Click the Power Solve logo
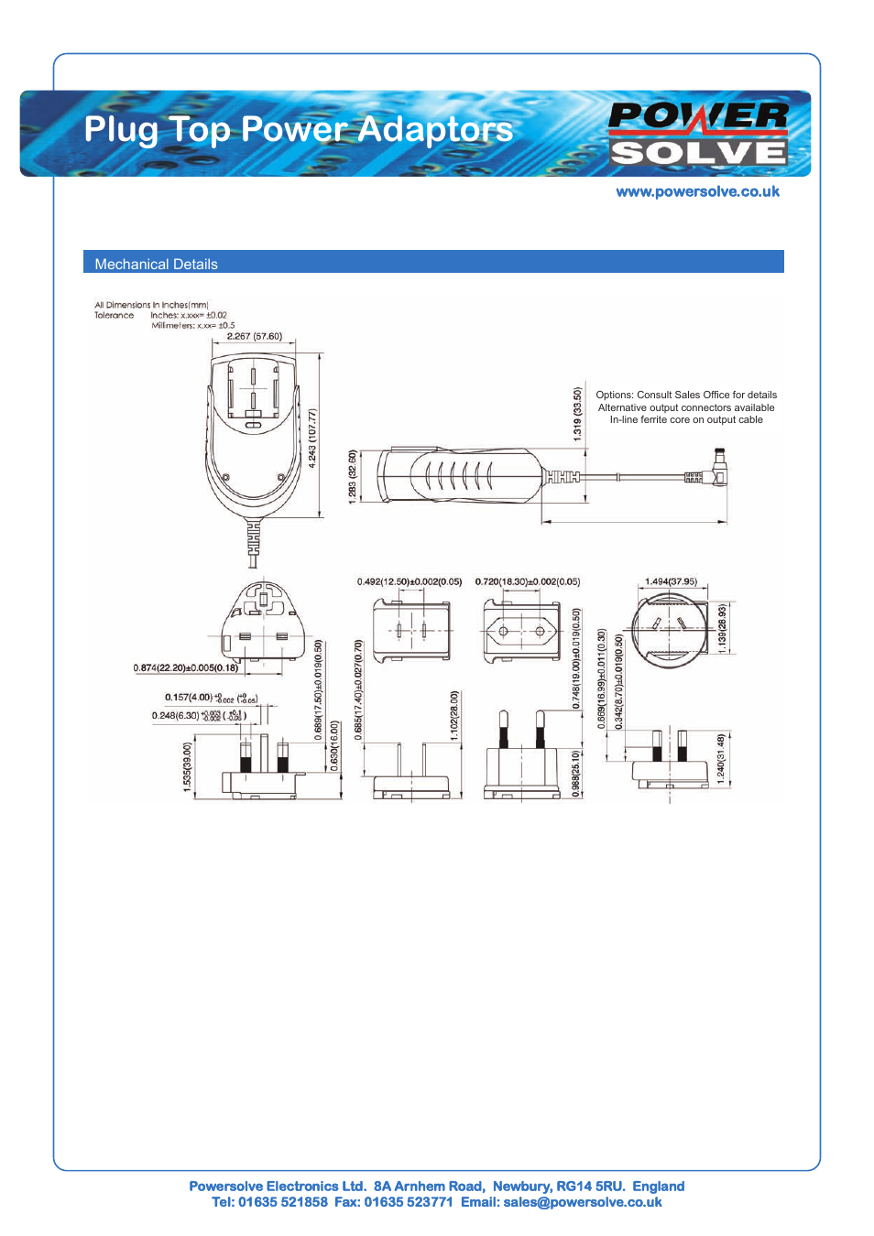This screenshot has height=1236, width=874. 698,134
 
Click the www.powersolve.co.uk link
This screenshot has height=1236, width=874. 697,191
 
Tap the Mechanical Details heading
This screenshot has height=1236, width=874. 156,264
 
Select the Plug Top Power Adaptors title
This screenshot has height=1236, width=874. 298,129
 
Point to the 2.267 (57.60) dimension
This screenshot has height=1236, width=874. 255,336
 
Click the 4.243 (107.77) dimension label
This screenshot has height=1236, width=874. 312,439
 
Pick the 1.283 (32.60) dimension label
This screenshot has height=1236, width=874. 353,475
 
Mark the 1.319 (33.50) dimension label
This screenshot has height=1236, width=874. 577,414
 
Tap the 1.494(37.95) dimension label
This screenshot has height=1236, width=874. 671,581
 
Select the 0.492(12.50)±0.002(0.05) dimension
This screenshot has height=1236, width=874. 410,581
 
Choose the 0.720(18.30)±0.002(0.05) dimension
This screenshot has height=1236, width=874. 528,581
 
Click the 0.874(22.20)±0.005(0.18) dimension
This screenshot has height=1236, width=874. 186,667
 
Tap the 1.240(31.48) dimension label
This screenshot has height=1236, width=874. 721,758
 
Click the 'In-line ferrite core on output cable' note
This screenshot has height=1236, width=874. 686,419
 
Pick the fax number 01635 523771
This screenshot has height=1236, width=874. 408,1202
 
